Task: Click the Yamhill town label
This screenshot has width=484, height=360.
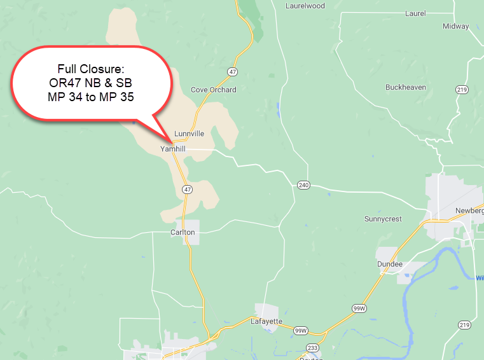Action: (x=172, y=149)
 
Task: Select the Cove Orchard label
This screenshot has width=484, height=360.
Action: (x=214, y=90)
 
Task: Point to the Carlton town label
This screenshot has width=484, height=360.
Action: (x=183, y=233)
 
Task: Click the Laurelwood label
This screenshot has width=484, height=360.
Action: (x=305, y=6)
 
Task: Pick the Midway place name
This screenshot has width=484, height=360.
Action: (x=455, y=26)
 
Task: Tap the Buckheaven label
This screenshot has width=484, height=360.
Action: (x=405, y=87)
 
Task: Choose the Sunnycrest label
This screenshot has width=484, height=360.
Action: (x=383, y=219)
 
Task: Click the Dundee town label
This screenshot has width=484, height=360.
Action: (x=390, y=264)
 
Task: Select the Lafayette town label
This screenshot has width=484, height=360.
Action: (x=266, y=321)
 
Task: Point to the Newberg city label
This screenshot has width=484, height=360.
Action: (x=469, y=211)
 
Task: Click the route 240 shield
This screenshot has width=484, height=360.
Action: (x=302, y=185)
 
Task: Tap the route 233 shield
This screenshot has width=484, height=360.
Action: (x=313, y=347)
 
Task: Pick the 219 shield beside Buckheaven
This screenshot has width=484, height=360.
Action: (x=462, y=90)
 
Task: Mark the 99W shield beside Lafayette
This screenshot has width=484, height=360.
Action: (x=301, y=331)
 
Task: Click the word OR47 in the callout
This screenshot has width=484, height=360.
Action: (x=66, y=83)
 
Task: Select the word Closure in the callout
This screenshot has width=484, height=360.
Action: (x=107, y=69)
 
